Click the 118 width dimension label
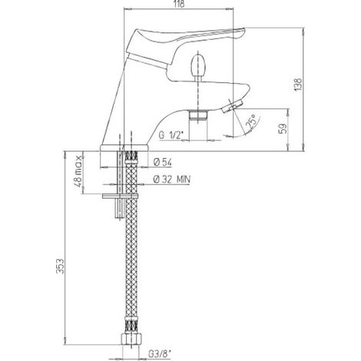pyautogui.click(x=179, y=4)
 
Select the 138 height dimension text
pyautogui.click(x=298, y=84)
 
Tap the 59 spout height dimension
pyautogui.click(x=282, y=129)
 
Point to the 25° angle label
pyautogui.click(x=251, y=121)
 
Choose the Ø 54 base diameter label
pyautogui.click(x=163, y=162)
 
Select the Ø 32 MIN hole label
pyautogui.click(x=172, y=180)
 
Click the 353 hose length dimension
pyautogui.click(x=61, y=267)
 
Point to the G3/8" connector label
pyautogui.click(x=160, y=354)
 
